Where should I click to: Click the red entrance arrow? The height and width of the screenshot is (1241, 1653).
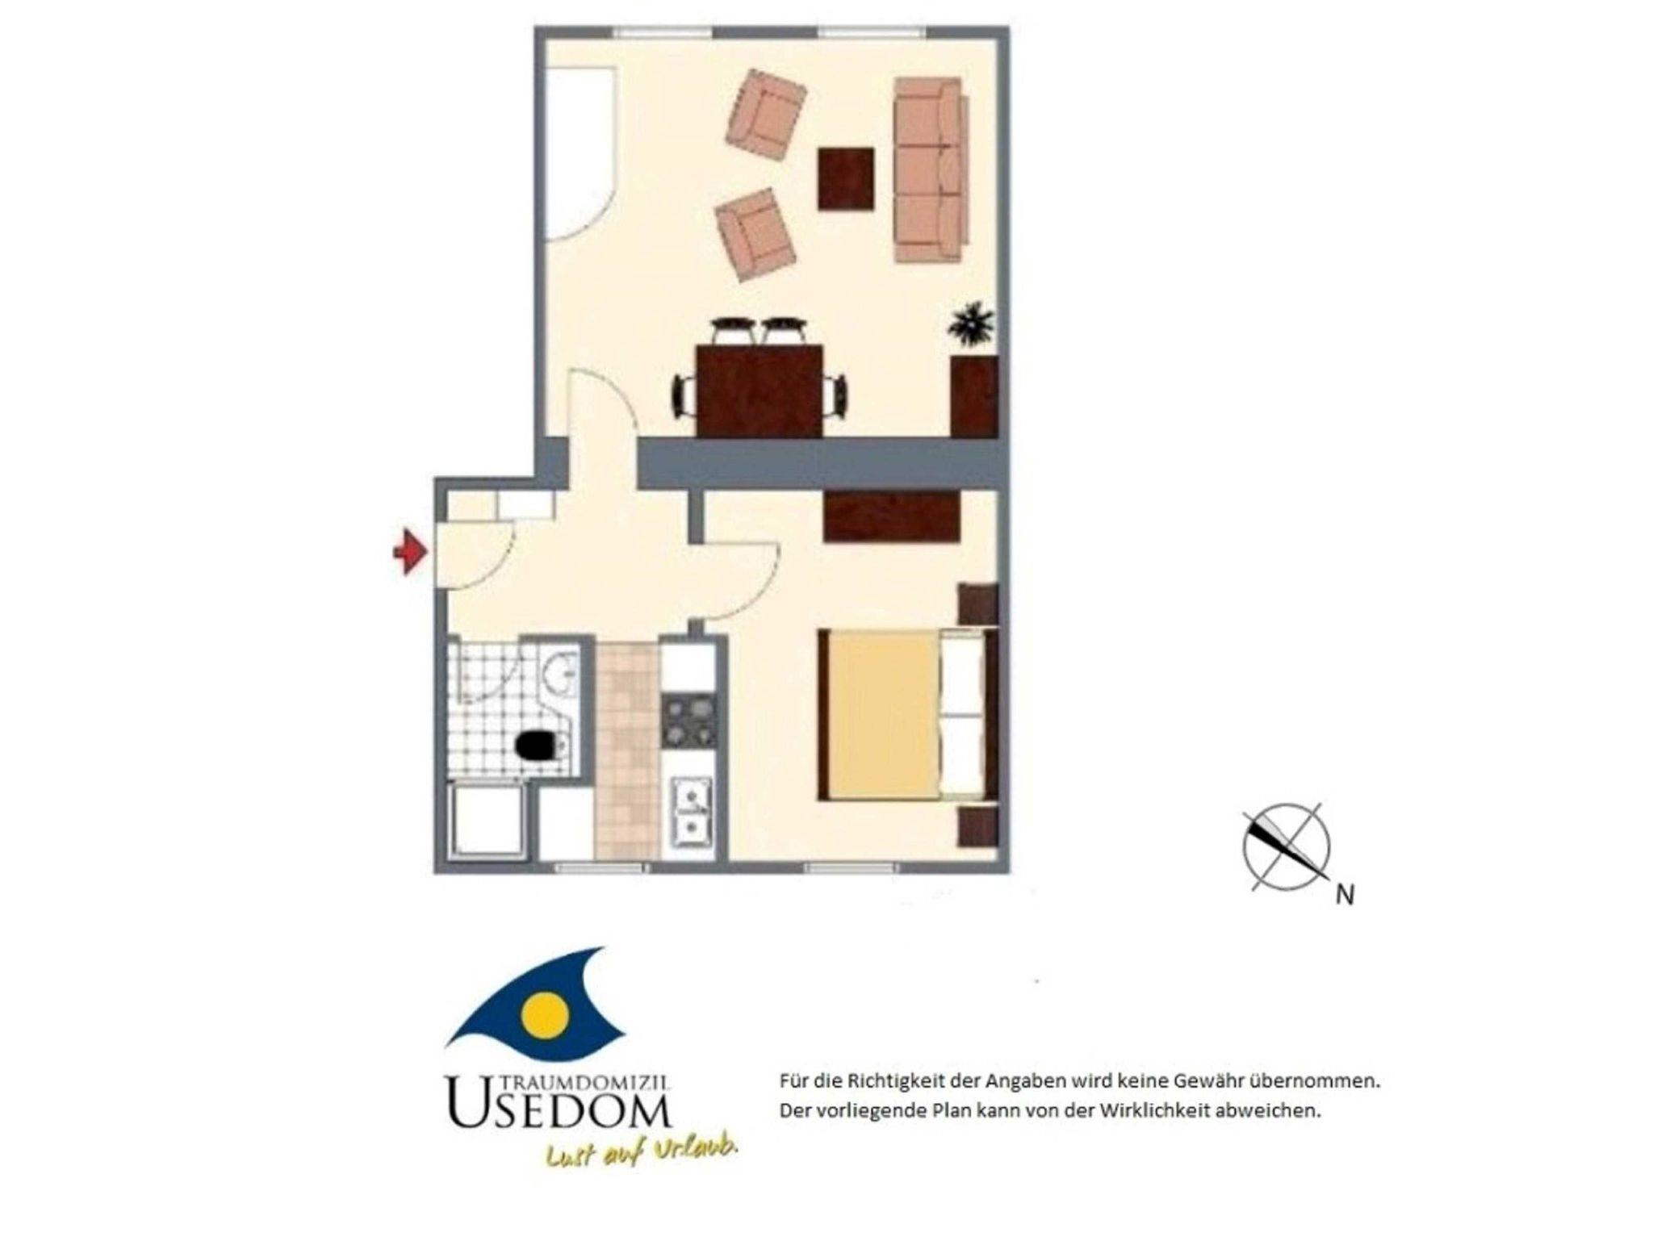[411, 553]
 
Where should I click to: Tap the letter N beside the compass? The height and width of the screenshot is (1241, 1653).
[1345, 895]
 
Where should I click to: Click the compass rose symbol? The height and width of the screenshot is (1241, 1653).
[1286, 847]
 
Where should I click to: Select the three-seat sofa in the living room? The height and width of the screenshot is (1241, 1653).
[931, 169]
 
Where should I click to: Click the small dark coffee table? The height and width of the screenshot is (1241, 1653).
[846, 179]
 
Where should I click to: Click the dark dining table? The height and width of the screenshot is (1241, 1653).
[759, 391]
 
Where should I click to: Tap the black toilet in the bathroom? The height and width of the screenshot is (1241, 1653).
[539, 745]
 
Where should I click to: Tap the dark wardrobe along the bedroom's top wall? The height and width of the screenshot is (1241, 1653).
[893, 516]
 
